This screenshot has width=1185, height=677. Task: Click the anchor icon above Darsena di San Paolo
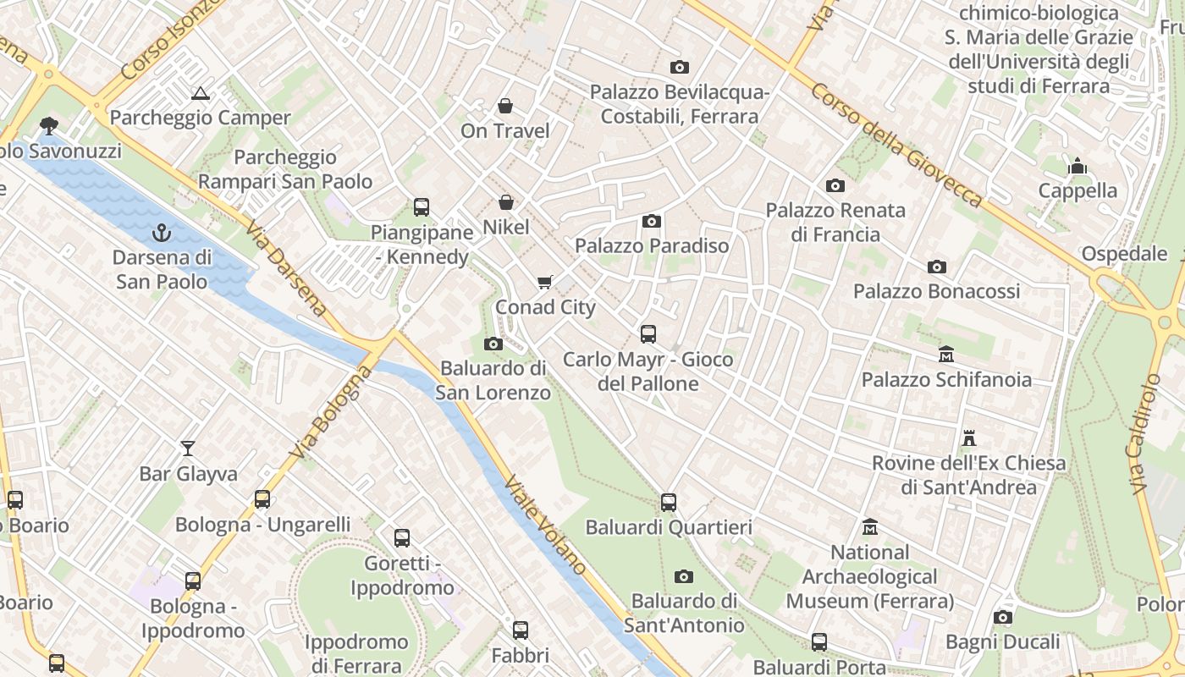click(x=161, y=232)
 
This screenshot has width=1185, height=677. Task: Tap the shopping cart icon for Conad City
click(x=545, y=282)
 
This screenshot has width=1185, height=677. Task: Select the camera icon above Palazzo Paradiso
click(x=651, y=221)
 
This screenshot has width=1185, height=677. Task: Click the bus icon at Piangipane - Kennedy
click(x=421, y=206)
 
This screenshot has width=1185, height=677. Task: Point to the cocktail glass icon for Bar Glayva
click(x=188, y=448)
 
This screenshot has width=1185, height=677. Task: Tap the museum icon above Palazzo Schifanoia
click(x=946, y=354)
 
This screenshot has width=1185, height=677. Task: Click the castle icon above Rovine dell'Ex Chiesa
click(x=969, y=438)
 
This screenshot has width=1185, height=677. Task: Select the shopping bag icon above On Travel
click(x=505, y=106)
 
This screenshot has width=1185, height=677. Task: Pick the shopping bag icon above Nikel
click(x=506, y=202)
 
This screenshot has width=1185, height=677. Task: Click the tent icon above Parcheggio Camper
click(x=200, y=93)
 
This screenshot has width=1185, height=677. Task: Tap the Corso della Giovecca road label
click(x=897, y=145)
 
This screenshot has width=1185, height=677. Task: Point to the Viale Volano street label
click(x=546, y=526)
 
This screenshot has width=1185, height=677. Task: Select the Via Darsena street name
click(x=286, y=268)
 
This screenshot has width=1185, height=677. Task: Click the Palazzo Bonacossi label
click(x=936, y=291)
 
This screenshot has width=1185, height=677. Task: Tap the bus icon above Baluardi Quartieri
click(x=669, y=503)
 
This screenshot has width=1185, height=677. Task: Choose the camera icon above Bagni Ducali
click(x=1003, y=617)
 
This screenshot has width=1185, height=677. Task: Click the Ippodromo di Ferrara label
click(x=356, y=653)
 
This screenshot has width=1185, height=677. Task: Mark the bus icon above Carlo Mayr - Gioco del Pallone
click(x=648, y=334)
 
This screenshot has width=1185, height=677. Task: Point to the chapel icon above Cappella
click(x=1078, y=166)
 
